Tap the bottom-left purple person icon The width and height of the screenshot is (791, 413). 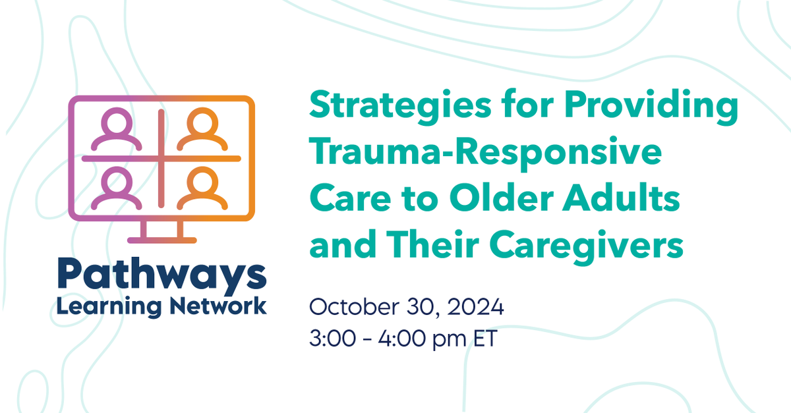point(117,188)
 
